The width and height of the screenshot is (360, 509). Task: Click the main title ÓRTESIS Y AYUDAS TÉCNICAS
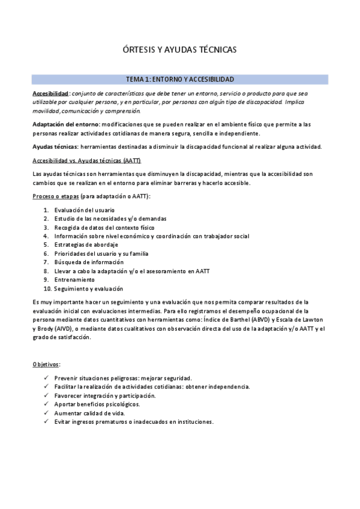point(180,50)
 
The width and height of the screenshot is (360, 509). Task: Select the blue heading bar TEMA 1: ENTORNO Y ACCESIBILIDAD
point(180,79)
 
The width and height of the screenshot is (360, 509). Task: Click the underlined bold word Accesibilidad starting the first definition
point(50,94)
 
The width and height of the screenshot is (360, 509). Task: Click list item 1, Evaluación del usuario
point(84,210)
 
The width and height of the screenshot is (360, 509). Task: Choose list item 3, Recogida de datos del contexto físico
point(104,227)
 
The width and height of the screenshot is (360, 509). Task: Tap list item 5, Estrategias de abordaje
point(86,245)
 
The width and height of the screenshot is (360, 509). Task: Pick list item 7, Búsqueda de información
point(89,262)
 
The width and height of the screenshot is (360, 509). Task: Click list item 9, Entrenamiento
point(74,280)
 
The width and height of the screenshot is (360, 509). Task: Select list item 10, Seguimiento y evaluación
point(88,289)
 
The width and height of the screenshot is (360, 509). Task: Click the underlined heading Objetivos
point(46,364)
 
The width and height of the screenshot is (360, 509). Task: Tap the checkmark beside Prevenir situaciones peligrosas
point(47,378)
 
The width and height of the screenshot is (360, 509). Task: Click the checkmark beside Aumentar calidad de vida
point(47,414)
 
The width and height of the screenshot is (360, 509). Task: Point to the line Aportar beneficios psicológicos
point(97,405)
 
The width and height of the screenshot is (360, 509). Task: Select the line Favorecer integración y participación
point(104,396)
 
